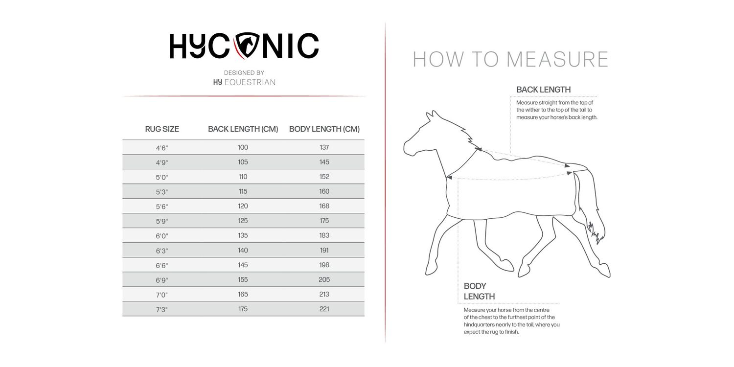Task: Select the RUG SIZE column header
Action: (x=162, y=129)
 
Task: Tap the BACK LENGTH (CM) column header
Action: (x=243, y=129)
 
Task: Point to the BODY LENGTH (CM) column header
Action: (x=324, y=129)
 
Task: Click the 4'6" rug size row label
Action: (x=162, y=148)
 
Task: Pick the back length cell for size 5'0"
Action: (x=243, y=177)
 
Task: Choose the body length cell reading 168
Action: (x=324, y=206)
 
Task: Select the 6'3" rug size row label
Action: (x=162, y=251)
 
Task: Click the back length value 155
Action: (x=243, y=279)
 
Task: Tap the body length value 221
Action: (x=324, y=309)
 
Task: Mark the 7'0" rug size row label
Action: (x=162, y=295)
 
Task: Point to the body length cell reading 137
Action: (x=324, y=147)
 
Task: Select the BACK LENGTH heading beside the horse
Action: (x=543, y=90)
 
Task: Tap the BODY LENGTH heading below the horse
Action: (x=479, y=291)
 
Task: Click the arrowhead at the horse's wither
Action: (x=479, y=149)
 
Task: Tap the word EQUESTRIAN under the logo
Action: (x=250, y=82)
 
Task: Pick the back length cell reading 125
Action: (x=243, y=221)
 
